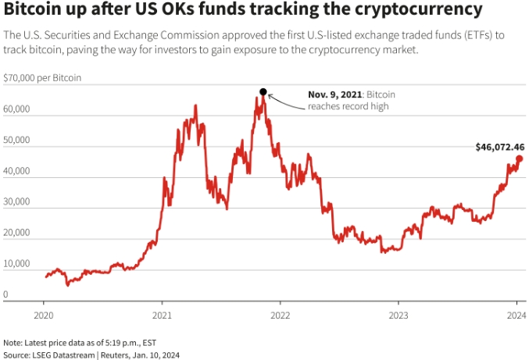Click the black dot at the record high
pos(263,91)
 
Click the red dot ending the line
pos(520,159)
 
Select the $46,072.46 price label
pos(499,147)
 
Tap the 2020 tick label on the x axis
pos(43,316)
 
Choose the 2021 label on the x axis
pos(162,316)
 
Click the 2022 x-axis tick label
pos(281,316)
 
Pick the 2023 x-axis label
pos(399,316)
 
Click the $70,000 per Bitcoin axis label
pos(42,78)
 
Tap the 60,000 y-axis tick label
pos(16,109)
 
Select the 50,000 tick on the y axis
pos(16,141)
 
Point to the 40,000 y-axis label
pos(16,171)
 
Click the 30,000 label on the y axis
pos(16,201)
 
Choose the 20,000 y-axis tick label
pos(16,233)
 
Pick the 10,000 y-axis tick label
pos(16,263)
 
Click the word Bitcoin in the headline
pos(37,12)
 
